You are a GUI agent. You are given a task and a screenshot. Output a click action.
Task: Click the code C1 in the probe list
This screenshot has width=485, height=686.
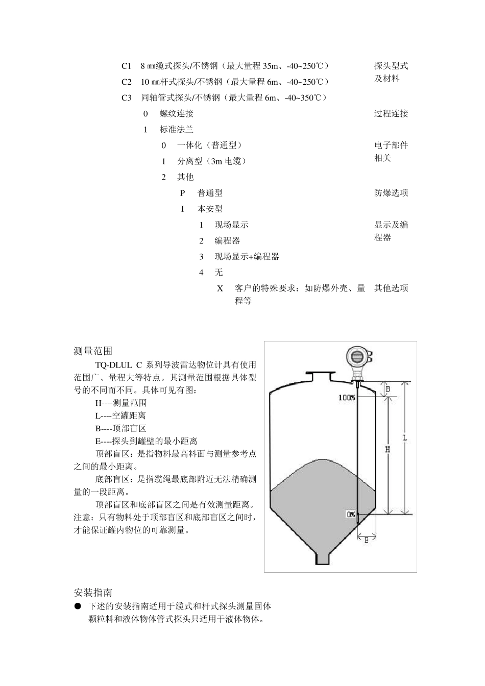pyautogui.click(x=126, y=66)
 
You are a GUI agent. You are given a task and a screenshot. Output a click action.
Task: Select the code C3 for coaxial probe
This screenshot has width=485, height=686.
pyautogui.click(x=126, y=97)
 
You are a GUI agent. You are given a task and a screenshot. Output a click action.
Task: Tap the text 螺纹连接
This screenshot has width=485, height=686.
pyautogui.click(x=177, y=113)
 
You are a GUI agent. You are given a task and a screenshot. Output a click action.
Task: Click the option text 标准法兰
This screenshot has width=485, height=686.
pyautogui.click(x=177, y=129)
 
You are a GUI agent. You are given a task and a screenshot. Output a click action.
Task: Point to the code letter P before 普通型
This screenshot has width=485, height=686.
pyautogui.click(x=182, y=193)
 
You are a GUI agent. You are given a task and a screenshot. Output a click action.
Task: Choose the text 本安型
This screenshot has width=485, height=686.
pyautogui.click(x=210, y=209)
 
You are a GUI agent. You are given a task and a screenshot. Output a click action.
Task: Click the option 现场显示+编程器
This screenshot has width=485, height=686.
pyautogui.click(x=247, y=256)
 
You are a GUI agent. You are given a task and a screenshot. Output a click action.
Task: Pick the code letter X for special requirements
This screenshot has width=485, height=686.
pyautogui.click(x=220, y=288)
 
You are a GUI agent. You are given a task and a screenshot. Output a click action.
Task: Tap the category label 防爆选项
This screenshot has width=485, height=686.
pyautogui.click(x=391, y=193)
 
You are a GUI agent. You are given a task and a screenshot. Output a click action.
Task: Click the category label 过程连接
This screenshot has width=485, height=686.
pyautogui.click(x=391, y=113)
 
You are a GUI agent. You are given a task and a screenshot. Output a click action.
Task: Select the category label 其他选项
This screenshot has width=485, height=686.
pyautogui.click(x=391, y=288)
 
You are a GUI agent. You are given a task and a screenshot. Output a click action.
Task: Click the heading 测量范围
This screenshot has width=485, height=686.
pyautogui.click(x=93, y=351)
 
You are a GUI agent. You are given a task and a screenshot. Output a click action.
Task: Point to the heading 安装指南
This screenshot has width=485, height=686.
pyautogui.click(x=93, y=593)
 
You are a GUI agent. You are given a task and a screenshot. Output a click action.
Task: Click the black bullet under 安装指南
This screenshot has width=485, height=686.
pyautogui.click(x=78, y=606)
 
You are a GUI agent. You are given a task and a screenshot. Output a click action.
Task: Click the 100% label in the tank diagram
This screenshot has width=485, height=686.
pyautogui.click(x=347, y=397)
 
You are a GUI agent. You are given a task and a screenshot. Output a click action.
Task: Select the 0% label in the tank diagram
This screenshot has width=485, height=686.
pyautogui.click(x=351, y=514)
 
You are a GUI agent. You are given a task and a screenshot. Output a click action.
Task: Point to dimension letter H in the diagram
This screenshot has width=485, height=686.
pyautogui.click(x=387, y=449)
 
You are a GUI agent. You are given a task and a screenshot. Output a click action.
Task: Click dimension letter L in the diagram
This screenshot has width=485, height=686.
pyautogui.click(x=404, y=438)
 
